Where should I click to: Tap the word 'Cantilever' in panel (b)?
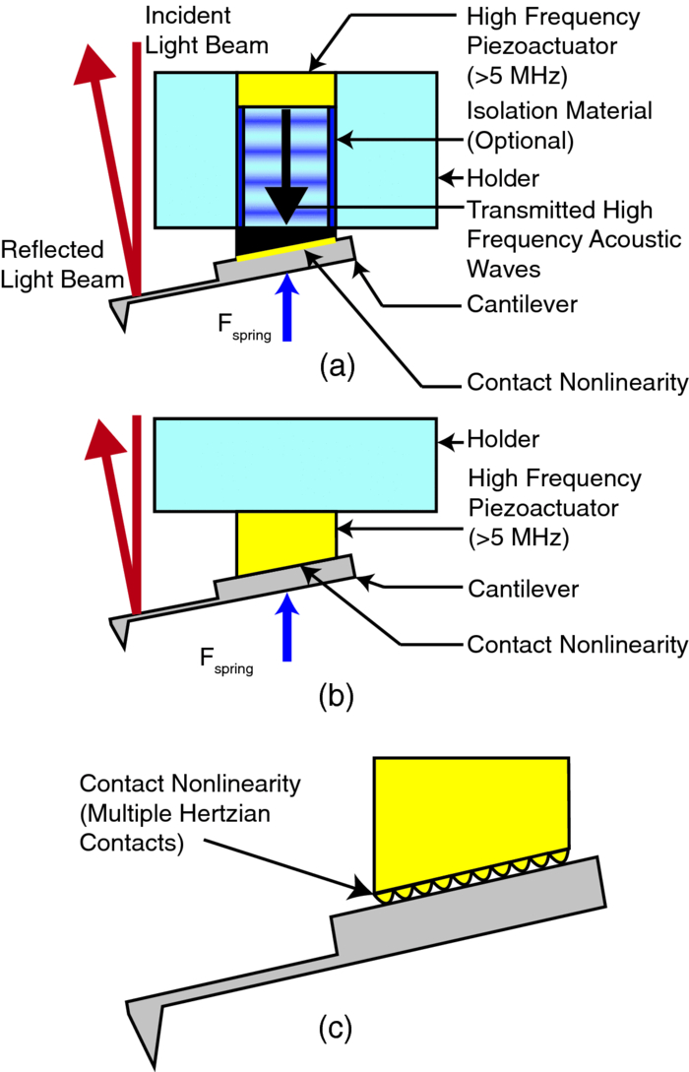coord(522,589)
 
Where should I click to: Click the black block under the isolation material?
coord(285,237)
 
